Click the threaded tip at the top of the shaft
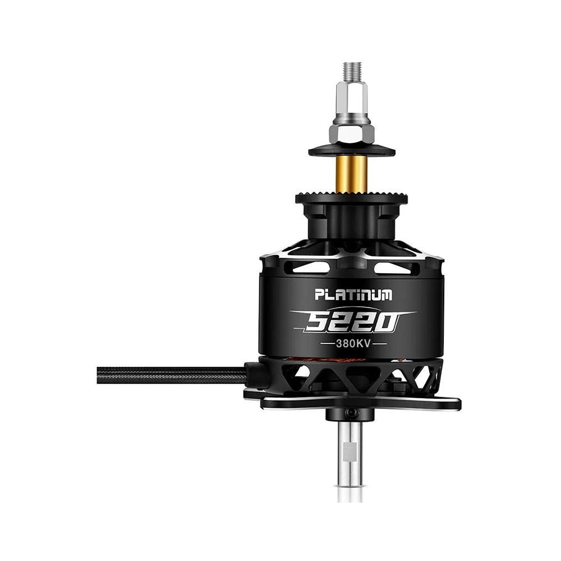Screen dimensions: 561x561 [352, 71]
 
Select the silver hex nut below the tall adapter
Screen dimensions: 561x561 [352, 133]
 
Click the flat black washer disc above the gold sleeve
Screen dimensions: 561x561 [352, 150]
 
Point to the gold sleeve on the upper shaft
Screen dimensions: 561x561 [351, 174]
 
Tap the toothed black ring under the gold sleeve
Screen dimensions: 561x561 [352, 198]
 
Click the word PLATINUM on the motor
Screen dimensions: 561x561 [353, 295]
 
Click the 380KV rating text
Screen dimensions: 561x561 [353, 344]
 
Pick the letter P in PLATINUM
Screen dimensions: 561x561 [319, 295]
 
